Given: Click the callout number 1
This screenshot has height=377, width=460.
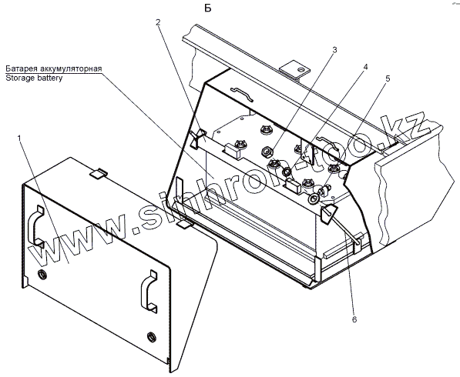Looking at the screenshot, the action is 19,138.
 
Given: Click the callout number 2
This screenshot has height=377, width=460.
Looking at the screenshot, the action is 158,22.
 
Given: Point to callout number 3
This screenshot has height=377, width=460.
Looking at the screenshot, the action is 334,50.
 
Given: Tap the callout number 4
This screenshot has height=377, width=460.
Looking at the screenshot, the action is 365,67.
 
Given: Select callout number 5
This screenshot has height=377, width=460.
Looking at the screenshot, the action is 388,78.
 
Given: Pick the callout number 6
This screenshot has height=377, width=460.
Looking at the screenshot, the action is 354,319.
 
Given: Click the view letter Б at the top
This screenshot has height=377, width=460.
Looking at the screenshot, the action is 208,8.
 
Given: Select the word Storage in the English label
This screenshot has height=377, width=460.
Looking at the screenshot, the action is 20,78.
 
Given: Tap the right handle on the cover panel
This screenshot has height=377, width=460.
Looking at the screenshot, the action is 149,290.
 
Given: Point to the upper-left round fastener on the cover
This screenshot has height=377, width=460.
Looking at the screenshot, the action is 42,275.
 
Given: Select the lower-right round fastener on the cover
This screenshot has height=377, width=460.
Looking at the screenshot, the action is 151,336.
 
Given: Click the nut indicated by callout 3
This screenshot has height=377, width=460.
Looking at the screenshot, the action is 267,152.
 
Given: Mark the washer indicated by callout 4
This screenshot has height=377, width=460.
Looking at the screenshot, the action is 287,172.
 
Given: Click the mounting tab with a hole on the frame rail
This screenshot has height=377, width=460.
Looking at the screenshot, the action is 294,69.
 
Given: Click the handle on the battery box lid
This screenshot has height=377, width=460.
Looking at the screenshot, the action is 242,93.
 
